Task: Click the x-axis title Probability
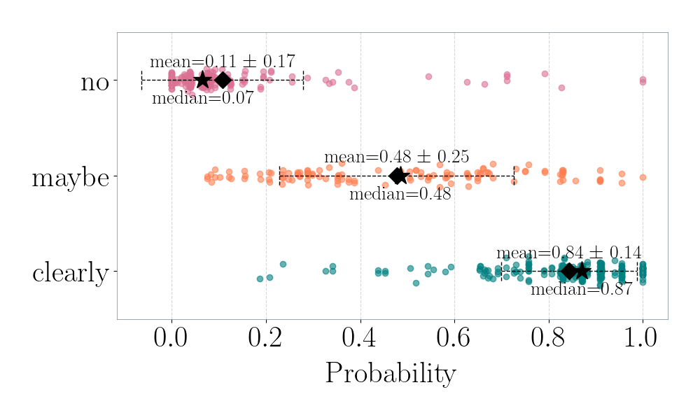pyautogui.click(x=390, y=374)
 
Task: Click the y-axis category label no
pyautogui.click(x=94, y=83)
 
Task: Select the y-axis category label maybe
pyautogui.click(x=70, y=178)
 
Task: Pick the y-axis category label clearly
pyautogui.click(x=70, y=273)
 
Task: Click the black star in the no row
pyautogui.click(x=202, y=80)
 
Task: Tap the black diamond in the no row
pyautogui.click(x=223, y=80)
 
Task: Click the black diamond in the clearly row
pyautogui.click(x=568, y=271)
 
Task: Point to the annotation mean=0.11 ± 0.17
pyautogui.click(x=222, y=62)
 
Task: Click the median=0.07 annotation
pyautogui.click(x=202, y=99)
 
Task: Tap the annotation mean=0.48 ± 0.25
pyautogui.click(x=396, y=157)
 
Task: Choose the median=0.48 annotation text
pyautogui.click(x=400, y=194)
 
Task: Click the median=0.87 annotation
pyautogui.click(x=581, y=290)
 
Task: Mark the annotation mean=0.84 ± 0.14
pyautogui.click(x=568, y=253)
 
